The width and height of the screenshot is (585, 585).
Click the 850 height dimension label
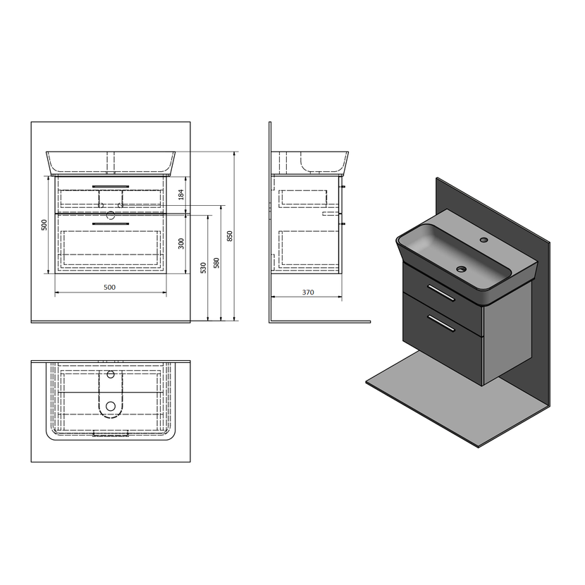click(x=230, y=236)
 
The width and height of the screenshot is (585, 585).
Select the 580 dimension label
click(x=216, y=263)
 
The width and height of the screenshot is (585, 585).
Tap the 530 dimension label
click(x=203, y=268)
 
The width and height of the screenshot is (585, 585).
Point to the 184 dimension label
click(x=181, y=195)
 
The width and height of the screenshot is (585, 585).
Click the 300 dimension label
click(x=181, y=244)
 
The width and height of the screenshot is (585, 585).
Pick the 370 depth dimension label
click(x=308, y=292)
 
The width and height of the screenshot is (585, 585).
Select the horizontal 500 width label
click(x=109, y=287)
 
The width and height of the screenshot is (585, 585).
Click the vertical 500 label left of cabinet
click(x=44, y=225)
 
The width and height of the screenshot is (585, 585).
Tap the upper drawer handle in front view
click(x=111, y=186)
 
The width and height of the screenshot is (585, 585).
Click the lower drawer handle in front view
click(x=111, y=224)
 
